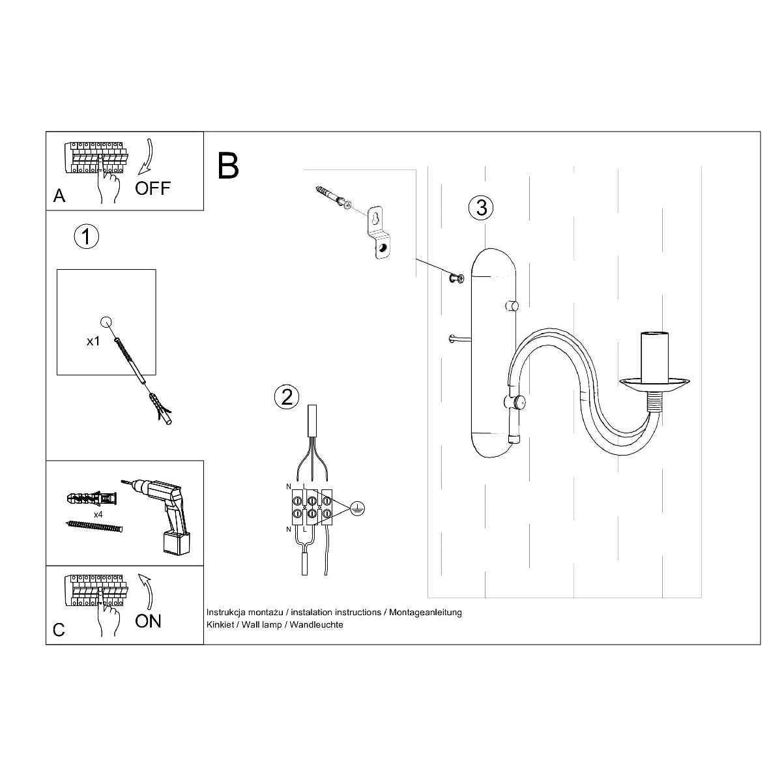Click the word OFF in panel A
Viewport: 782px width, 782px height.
[152, 188]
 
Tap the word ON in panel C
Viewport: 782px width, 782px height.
[148, 621]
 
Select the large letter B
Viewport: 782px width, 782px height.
[228, 166]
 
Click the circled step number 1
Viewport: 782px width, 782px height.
[87, 237]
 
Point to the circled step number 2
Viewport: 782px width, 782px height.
[287, 396]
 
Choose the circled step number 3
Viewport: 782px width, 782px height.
[482, 208]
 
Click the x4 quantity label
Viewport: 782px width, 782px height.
[98, 515]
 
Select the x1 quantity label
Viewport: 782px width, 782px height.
[93, 341]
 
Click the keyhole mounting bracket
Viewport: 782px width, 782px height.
[380, 233]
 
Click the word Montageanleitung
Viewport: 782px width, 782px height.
[426, 613]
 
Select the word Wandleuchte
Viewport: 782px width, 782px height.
[317, 624]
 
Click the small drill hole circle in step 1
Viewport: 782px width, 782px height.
[106, 322]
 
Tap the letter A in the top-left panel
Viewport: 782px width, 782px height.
[59, 196]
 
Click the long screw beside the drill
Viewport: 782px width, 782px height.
[94, 527]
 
